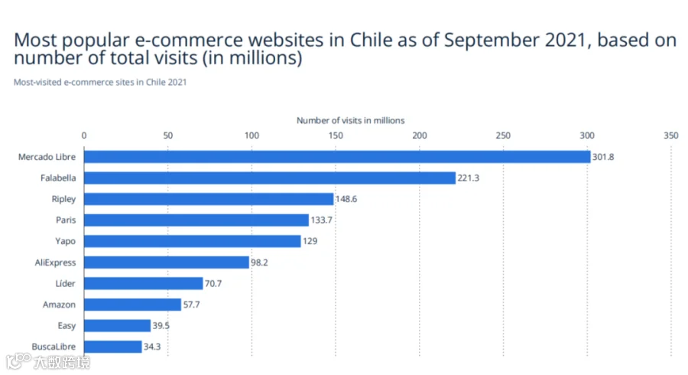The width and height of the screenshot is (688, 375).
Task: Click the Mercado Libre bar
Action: click(x=337, y=157)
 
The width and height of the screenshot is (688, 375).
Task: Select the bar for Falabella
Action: click(x=270, y=178)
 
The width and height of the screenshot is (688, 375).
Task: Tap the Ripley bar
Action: click(x=209, y=199)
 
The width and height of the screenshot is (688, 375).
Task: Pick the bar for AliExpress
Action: click(x=167, y=262)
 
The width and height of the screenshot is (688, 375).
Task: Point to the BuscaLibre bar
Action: click(x=113, y=347)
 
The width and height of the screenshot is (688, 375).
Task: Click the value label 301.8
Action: click(x=603, y=157)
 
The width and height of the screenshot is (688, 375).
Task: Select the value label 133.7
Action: click(x=321, y=220)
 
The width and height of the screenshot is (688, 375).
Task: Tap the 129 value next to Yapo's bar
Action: click(x=310, y=241)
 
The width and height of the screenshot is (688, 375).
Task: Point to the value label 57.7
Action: click(x=191, y=305)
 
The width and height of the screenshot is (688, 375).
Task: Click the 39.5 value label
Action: click(x=161, y=325)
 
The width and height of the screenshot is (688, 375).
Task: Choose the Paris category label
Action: click(x=66, y=220)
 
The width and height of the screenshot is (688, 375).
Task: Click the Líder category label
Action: click(x=66, y=283)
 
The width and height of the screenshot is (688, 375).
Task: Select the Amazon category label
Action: click(x=59, y=305)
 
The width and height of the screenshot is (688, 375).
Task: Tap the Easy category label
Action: click(x=67, y=326)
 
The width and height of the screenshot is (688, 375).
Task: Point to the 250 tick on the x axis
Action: click(x=503, y=135)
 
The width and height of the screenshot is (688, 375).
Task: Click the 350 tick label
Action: click(x=671, y=135)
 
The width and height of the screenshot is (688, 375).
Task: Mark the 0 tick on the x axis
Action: click(x=84, y=135)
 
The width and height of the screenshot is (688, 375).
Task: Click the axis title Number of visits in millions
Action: click(x=351, y=120)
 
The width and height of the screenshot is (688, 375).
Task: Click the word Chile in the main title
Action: click(x=371, y=40)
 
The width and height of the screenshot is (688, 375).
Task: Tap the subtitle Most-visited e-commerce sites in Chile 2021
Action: click(x=100, y=82)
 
